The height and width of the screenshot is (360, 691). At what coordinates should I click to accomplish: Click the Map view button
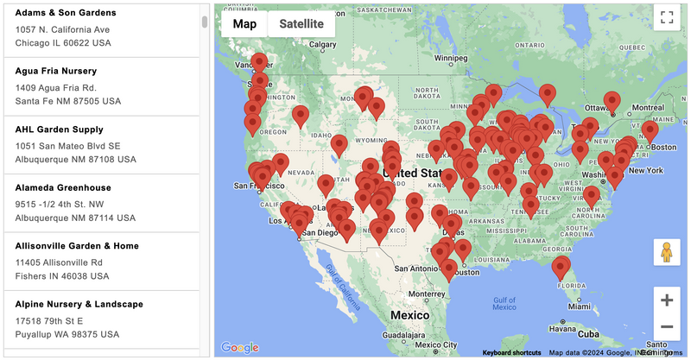click(244, 24)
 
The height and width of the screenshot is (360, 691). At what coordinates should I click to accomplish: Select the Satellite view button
click(301, 24)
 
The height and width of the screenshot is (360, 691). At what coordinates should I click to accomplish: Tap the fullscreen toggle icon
click(666, 16)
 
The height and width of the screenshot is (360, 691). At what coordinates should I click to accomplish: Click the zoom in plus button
click(666, 300)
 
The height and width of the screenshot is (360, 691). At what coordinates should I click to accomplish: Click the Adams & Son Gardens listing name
click(65, 13)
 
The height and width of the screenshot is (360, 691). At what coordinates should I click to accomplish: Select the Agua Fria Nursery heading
click(55, 71)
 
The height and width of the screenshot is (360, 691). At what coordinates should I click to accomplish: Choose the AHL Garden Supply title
click(59, 129)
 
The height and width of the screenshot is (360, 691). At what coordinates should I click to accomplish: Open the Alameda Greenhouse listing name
click(62, 187)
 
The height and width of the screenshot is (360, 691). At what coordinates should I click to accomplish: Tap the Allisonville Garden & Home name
click(77, 246)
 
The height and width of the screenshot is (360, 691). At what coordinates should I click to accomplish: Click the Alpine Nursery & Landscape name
click(79, 304)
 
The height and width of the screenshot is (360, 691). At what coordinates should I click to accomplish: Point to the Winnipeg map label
click(450, 60)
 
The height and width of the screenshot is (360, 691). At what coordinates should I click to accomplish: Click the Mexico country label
click(409, 316)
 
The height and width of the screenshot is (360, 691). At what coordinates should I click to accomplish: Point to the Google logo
click(239, 347)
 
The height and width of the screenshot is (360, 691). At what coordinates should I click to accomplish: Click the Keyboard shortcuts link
click(511, 352)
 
